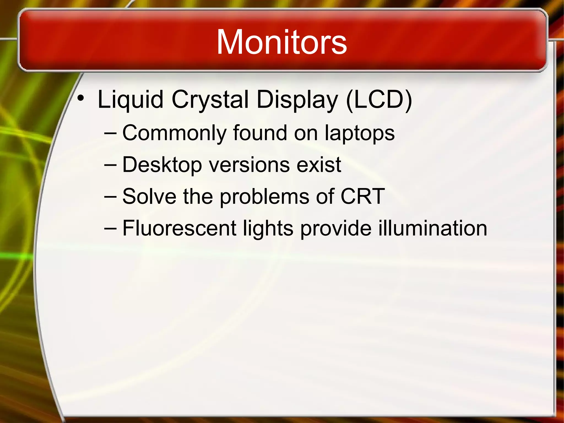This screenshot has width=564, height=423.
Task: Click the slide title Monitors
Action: [281, 42]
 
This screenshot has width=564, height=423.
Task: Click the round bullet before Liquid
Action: [80, 98]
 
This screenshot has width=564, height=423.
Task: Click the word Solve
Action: [149, 197]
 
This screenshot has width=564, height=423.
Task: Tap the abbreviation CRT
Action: [362, 197]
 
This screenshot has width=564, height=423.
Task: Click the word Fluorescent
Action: [179, 228]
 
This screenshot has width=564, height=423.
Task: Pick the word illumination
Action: [433, 228]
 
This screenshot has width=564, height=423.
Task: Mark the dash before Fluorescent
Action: [110, 229]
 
